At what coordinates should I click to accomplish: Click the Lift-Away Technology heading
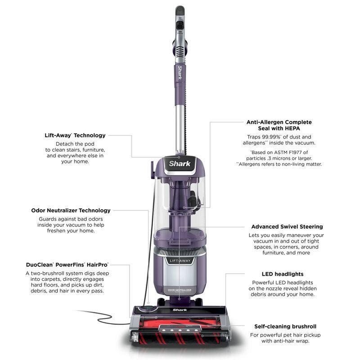tap(75, 135)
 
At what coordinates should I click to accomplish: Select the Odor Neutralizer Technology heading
tap(71, 210)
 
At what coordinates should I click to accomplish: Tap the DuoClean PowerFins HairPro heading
tap(67, 265)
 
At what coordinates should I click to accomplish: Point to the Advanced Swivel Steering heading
tap(287, 227)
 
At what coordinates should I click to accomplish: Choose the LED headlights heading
tap(282, 274)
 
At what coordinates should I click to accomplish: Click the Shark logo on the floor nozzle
tap(179, 310)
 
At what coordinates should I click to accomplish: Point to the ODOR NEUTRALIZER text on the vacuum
tap(180, 290)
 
